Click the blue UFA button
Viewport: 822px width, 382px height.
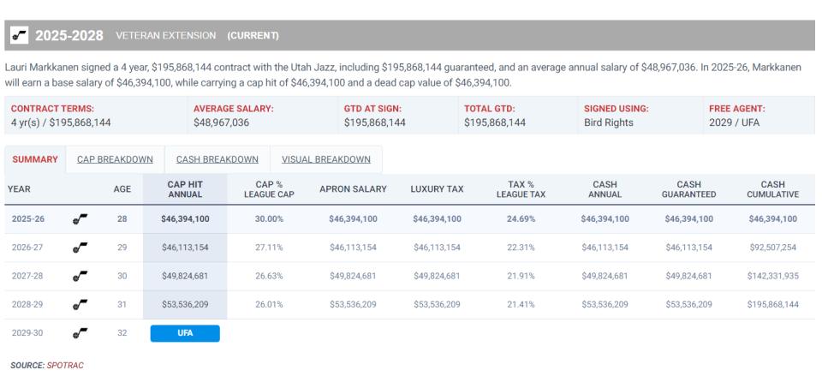coord(185,333)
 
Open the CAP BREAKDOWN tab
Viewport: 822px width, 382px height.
coord(115,159)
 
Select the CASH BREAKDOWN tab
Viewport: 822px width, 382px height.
coord(217,159)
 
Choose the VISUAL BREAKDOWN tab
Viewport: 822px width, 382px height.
coord(325,159)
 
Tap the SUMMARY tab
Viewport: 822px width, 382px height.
coord(35,159)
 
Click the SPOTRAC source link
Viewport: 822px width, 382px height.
coord(65,366)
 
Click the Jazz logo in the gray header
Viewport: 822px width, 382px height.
coord(19,35)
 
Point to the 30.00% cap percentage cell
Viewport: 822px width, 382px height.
coord(270,219)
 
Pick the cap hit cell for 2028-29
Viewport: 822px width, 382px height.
coord(185,304)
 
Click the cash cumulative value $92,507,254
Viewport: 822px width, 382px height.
coord(772,248)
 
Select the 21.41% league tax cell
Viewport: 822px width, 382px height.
coord(521,304)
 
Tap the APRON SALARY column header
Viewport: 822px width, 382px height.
coord(353,189)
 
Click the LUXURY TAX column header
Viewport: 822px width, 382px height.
coord(437,189)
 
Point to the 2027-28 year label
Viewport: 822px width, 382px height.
coord(27,276)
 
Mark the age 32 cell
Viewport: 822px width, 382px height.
coord(122,333)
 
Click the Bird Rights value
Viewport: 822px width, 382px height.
coord(607,122)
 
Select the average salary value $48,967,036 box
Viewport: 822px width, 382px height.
coord(221,122)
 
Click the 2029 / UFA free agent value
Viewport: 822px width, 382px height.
coord(734,122)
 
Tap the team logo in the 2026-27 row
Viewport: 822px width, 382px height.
coord(80,248)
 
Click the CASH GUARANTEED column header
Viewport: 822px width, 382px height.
coord(688,189)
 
